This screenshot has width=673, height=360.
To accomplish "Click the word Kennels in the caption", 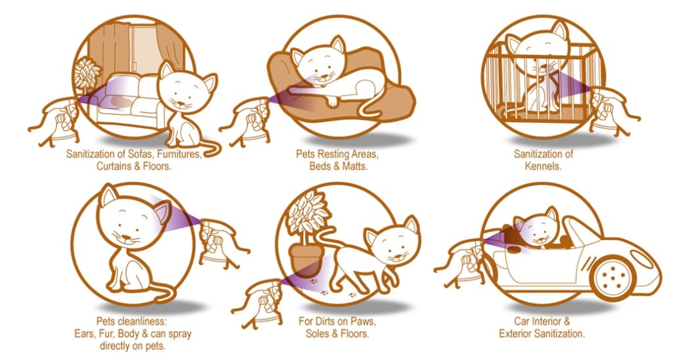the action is coord(542,166).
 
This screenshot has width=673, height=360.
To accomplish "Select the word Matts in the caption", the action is coord(354,166).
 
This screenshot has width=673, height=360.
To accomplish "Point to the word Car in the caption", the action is coord(521,321).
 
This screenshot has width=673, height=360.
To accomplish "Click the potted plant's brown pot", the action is coord(305,260).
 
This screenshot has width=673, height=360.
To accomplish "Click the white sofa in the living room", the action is coord(128,100).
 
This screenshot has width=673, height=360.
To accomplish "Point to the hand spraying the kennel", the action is coord(612,111).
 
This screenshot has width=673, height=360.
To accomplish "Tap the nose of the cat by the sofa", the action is coord(181,104).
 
